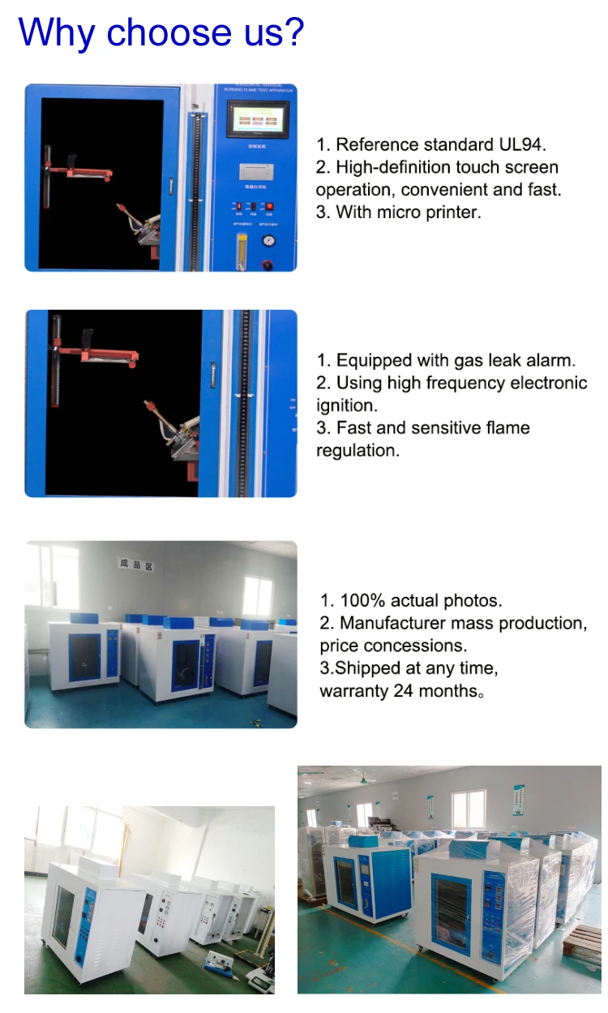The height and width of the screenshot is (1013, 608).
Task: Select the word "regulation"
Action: click(x=358, y=450)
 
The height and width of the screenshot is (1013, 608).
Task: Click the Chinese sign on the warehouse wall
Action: click(x=135, y=565)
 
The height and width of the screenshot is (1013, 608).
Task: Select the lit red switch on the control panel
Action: click(x=269, y=207)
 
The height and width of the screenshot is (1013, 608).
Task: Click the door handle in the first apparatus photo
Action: click(x=171, y=186)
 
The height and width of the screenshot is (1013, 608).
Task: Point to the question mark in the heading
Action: click(x=293, y=32)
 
